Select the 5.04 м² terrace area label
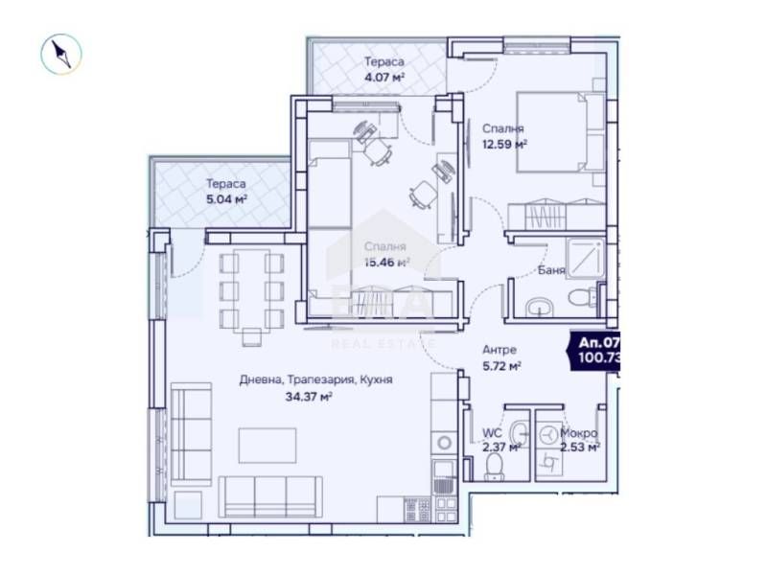click(x=226, y=200)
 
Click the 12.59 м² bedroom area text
click(x=503, y=145)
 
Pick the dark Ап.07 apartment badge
click(x=594, y=350)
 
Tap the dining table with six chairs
click(x=251, y=290)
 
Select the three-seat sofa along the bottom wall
click(x=270, y=494)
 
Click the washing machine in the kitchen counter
click(x=443, y=443)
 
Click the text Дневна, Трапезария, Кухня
click(x=315, y=380)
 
